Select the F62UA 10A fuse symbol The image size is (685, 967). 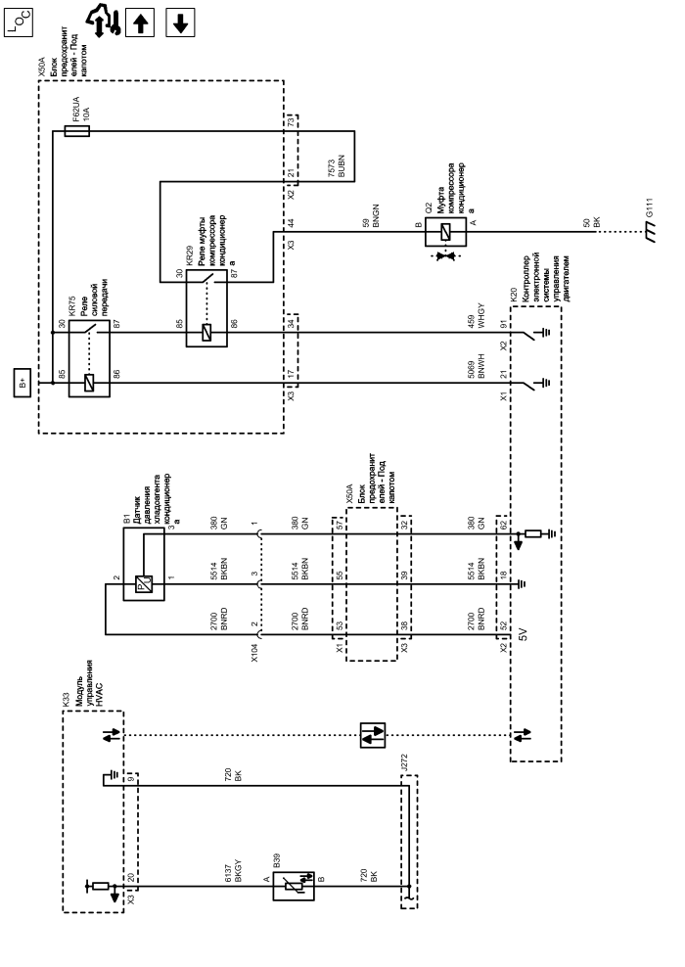pos(77,128)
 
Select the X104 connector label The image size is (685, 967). pos(255,653)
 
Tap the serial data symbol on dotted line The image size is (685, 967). pos(372,735)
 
